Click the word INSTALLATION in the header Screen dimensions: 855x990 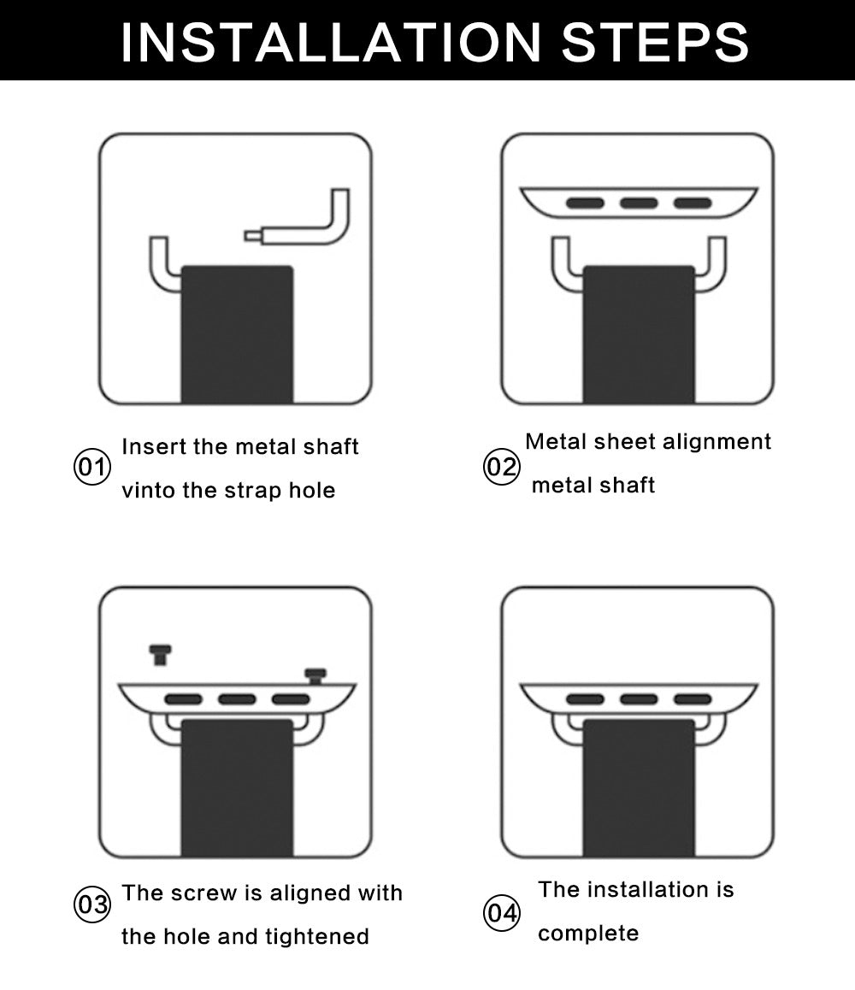tap(331, 42)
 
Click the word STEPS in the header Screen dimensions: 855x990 tap(655, 42)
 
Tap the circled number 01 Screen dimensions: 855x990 tap(92, 468)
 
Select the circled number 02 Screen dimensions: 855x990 tap(501, 468)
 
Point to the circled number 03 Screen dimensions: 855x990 tap(92, 905)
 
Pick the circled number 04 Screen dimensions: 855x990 tap(501, 913)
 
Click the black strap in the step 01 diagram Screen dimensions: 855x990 tap(237, 334)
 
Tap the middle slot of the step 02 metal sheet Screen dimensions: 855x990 tap(639, 203)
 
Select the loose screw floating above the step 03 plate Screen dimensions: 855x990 tap(161, 655)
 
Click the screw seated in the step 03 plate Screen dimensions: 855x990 tap(315, 676)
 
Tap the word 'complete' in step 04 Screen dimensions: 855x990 tap(588, 934)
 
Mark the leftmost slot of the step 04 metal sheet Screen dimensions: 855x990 tap(586, 699)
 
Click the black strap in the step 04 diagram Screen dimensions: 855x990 tap(639, 788)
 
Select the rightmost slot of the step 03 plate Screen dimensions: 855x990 tap(291, 699)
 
